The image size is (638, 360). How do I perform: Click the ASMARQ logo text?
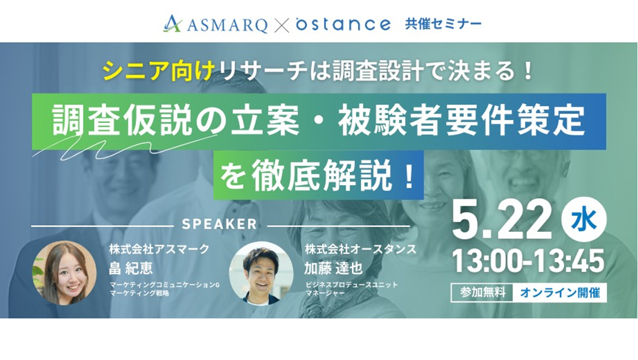[x=227, y=25]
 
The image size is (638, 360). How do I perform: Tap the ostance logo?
[x=343, y=24]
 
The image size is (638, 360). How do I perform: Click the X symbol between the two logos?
[x=281, y=25]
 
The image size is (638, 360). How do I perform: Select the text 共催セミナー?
[x=443, y=23]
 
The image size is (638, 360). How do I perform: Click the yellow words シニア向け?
[x=159, y=71]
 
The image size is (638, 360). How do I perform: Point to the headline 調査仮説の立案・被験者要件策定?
[x=318, y=120]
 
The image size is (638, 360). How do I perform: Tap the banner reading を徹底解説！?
[x=318, y=175]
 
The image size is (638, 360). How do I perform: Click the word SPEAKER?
[x=219, y=224]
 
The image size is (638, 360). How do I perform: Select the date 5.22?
[x=502, y=222]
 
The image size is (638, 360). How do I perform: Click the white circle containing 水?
[x=584, y=220]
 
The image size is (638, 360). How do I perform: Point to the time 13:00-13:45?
[x=528, y=261]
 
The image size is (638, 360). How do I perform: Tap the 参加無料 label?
[x=482, y=292]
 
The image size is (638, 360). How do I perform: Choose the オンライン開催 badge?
[x=560, y=292]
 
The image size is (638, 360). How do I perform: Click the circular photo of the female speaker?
[x=64, y=273]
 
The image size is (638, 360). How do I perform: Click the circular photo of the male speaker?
[x=261, y=273]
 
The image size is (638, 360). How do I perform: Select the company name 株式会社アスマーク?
[x=159, y=249]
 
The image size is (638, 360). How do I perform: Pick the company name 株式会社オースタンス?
[x=361, y=249]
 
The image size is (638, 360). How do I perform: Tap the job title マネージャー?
[x=325, y=293]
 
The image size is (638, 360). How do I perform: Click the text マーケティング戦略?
[x=139, y=293]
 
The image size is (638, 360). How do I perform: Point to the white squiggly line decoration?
[x=122, y=148]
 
